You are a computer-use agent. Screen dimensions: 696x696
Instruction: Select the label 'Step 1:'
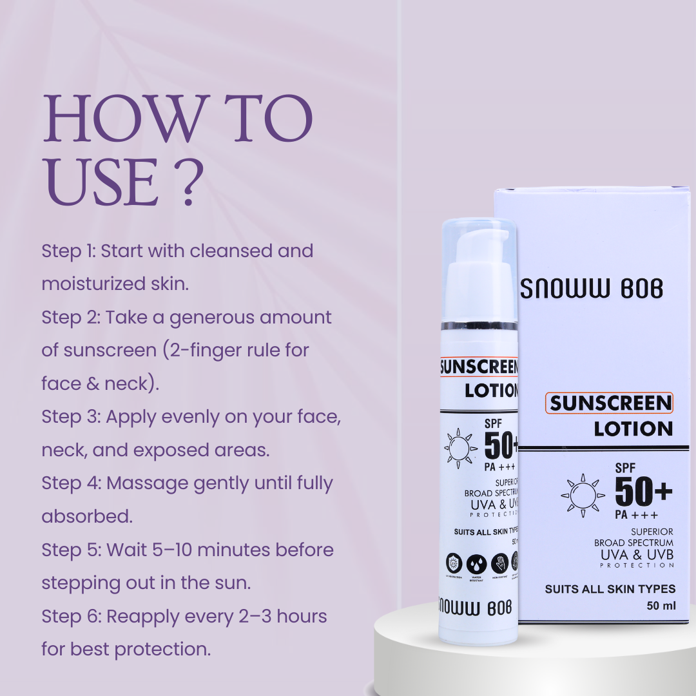click(68, 251)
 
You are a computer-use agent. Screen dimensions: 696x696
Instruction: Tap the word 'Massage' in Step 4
click(145, 483)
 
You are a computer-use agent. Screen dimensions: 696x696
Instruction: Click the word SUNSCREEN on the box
click(610, 403)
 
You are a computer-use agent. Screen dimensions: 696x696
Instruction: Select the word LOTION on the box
click(633, 429)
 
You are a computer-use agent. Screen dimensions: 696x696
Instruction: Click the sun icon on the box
click(582, 496)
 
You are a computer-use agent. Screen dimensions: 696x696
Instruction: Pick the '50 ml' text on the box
click(661, 606)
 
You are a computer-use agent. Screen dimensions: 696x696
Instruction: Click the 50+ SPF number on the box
click(643, 493)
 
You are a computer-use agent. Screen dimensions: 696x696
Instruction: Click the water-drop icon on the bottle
click(477, 563)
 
